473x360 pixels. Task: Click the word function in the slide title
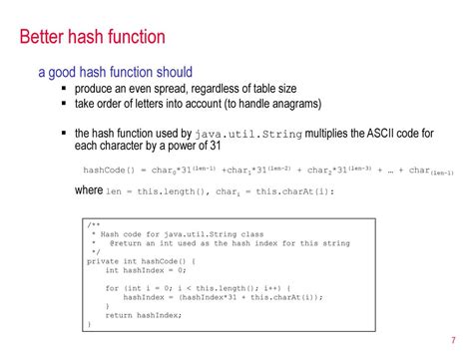tap(133, 39)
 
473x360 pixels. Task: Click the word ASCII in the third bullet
tap(383, 133)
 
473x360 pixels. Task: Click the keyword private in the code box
tap(104, 261)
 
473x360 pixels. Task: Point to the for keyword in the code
tap(111, 288)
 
